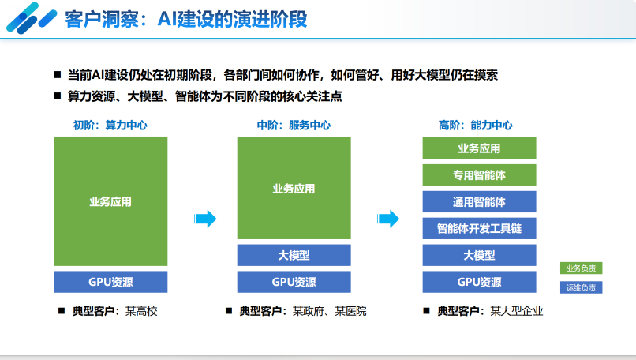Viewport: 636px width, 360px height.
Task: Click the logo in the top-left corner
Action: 29,17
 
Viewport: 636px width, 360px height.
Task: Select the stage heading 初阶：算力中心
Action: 110,125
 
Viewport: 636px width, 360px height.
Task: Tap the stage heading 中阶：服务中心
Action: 294,125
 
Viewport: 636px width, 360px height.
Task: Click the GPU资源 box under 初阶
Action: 110,282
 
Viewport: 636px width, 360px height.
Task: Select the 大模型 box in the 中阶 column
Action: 294,255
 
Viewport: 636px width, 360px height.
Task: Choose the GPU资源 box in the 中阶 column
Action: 294,282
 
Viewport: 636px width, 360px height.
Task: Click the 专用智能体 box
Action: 479,174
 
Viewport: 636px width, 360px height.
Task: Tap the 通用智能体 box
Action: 479,201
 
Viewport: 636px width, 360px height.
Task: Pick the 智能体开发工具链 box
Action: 479,228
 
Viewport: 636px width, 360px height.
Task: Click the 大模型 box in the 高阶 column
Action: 479,255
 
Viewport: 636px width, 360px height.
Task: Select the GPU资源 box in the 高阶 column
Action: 479,282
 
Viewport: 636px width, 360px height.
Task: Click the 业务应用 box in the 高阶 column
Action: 479,148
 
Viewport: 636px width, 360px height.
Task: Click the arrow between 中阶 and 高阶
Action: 387,219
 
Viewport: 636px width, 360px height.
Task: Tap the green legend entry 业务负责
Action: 582,268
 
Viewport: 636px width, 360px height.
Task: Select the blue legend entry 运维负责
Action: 582,287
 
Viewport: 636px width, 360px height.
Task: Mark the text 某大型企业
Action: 517,311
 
